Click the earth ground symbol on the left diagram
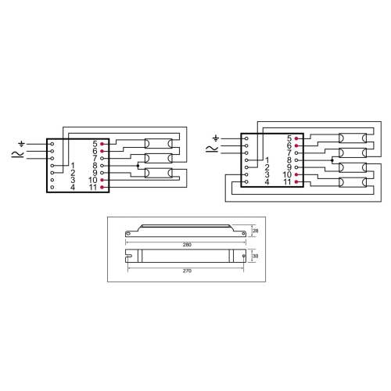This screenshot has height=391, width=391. point(22,144)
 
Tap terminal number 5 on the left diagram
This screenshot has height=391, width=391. point(95,144)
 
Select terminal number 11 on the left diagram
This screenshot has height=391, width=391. point(93,188)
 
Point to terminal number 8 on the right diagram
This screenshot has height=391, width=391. point(288,160)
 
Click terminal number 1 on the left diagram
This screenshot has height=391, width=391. point(73,165)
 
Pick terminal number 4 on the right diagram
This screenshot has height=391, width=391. point(267,181)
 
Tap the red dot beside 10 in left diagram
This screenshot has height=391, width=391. point(102,180)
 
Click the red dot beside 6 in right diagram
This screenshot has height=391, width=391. point(296,145)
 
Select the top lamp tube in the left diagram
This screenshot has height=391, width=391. point(159,144)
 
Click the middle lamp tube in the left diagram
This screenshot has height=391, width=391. point(159,159)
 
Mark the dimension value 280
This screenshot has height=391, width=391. point(187,245)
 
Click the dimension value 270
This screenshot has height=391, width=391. point(187,269)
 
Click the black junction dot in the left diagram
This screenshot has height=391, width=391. point(138,166)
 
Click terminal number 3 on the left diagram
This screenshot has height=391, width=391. point(73,180)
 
